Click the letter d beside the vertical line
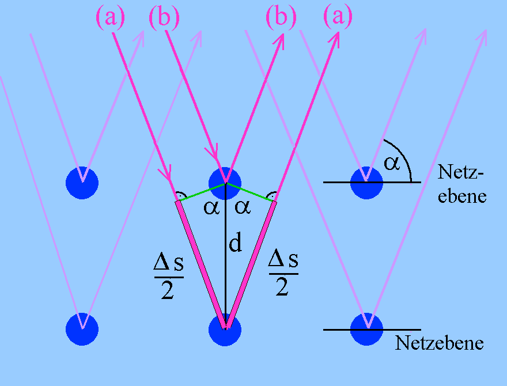[235, 244]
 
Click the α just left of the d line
[211, 207]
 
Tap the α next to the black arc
[392, 163]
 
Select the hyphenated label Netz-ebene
[462, 183]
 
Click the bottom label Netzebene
[439, 344]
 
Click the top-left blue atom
[82, 183]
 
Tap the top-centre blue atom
[225, 180]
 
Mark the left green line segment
[200, 192]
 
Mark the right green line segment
[250, 192]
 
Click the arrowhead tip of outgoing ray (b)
[284, 32]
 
